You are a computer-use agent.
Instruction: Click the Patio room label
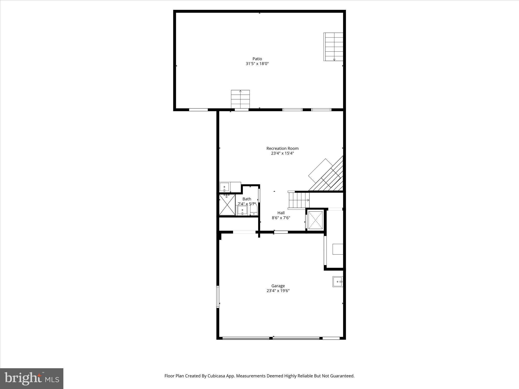(x=257, y=59)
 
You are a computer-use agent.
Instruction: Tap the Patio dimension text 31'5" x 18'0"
(x=257, y=64)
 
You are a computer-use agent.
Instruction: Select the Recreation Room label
(x=282, y=148)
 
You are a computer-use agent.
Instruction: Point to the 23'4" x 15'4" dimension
(x=282, y=153)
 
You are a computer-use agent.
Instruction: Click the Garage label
(x=278, y=286)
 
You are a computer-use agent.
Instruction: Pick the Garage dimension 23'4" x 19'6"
(x=278, y=291)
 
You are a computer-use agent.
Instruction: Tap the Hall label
(x=281, y=213)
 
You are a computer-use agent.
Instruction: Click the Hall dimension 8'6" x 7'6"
(x=281, y=218)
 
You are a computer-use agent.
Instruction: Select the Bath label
(x=247, y=199)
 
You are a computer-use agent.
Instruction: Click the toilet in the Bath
(x=254, y=210)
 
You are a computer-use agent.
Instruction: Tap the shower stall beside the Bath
(x=227, y=205)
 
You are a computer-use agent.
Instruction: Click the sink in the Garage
(x=338, y=282)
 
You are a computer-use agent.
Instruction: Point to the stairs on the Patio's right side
(x=333, y=47)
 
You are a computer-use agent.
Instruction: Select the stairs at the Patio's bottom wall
(x=240, y=99)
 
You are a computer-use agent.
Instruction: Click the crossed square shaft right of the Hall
(x=315, y=220)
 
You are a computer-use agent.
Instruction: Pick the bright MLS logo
(x=32, y=379)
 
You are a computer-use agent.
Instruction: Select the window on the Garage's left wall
(x=218, y=297)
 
